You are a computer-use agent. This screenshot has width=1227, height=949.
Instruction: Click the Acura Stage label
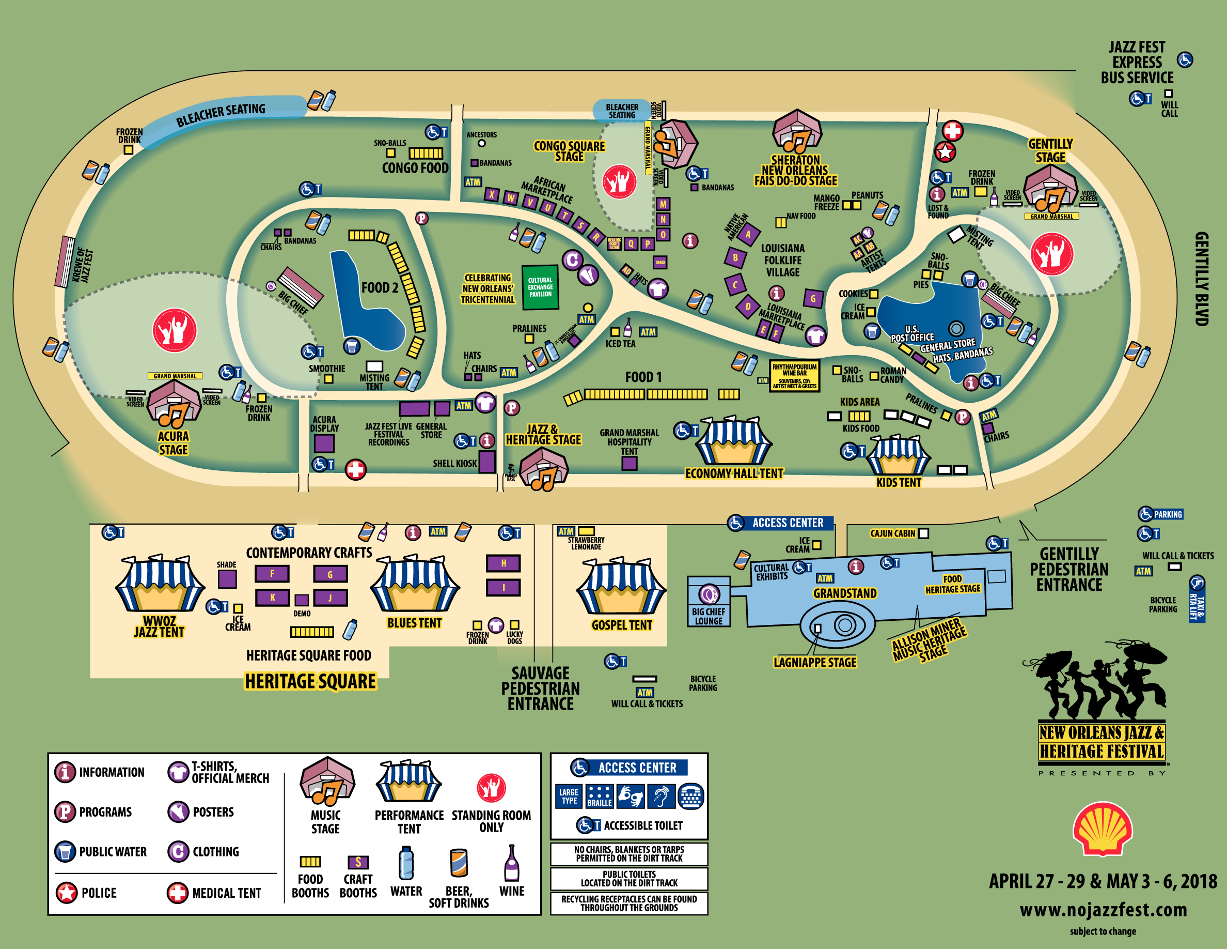pyautogui.click(x=173, y=443)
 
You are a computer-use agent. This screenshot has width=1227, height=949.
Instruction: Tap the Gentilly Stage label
pyautogui.click(x=1050, y=150)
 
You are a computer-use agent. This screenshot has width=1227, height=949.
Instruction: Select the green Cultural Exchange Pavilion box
pyautogui.click(x=540, y=287)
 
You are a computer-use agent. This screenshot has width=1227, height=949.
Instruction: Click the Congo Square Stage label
pyautogui.click(x=569, y=150)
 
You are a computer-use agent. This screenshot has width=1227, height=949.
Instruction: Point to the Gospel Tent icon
pyautogui.click(x=621, y=588)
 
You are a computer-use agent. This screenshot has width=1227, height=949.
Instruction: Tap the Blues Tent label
pyautogui.click(x=414, y=623)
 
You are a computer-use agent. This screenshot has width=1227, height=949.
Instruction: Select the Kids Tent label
pyautogui.click(x=899, y=482)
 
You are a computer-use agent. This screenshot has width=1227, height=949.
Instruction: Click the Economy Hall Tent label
pyautogui.click(x=734, y=474)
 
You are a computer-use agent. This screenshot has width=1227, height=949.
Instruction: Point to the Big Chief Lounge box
pyautogui.click(x=709, y=602)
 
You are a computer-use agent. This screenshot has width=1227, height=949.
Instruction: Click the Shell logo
pyautogui.click(x=1102, y=830)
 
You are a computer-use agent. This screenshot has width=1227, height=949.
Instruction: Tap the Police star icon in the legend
pyautogui.click(x=66, y=892)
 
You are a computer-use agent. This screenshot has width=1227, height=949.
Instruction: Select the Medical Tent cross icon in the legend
pyautogui.click(x=178, y=892)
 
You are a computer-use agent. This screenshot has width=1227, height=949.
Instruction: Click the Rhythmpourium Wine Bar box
pyautogui.click(x=794, y=376)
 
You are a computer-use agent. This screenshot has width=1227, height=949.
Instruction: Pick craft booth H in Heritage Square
pyautogui.click(x=504, y=563)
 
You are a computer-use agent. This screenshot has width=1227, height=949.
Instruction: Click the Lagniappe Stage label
pyautogui.click(x=814, y=662)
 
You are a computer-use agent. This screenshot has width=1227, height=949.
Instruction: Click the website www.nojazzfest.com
pyautogui.click(x=1104, y=910)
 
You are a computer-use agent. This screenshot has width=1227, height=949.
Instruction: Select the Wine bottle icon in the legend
pyautogui.click(x=511, y=863)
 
